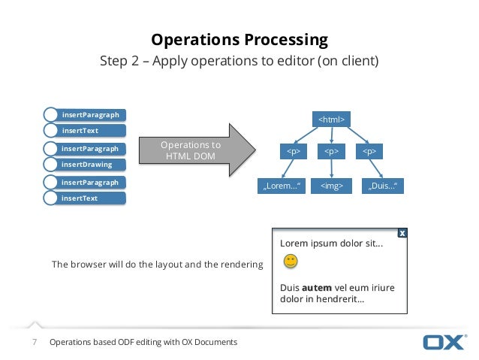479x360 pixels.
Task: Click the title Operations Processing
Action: pyautogui.click(x=239, y=39)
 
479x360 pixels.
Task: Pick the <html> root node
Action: pyautogui.click(x=331, y=119)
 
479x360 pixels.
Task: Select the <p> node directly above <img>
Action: pyautogui.click(x=331, y=151)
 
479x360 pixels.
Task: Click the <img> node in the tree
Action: pyautogui.click(x=331, y=185)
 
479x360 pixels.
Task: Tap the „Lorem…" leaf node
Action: pyautogui.click(x=281, y=185)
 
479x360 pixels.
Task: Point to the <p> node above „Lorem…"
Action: pyautogui.click(x=294, y=151)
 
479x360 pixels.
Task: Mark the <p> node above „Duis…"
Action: pyautogui.click(x=369, y=151)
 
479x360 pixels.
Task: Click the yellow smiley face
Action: pyautogui.click(x=291, y=262)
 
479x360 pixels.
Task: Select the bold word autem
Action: pyautogui.click(x=316, y=287)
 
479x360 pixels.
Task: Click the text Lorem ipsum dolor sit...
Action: pyautogui.click(x=331, y=244)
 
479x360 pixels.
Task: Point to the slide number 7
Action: pyautogui.click(x=34, y=342)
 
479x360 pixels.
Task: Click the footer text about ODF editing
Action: pyautogui.click(x=143, y=342)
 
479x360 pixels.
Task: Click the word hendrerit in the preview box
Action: pyautogui.click(x=334, y=300)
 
